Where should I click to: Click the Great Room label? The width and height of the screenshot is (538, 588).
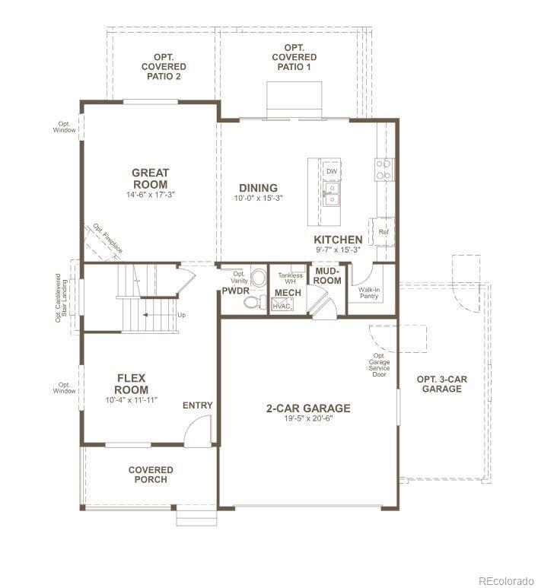(151, 179)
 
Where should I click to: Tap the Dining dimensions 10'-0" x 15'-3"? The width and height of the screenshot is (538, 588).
(258, 198)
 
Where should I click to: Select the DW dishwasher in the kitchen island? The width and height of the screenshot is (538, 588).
(332, 171)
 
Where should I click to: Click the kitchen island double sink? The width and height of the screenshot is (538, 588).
(332, 193)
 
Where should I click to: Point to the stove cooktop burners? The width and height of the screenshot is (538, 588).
(384, 170)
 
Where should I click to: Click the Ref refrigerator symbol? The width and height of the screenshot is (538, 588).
(383, 232)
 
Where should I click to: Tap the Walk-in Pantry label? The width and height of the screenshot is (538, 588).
(369, 293)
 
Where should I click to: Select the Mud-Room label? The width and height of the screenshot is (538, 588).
(327, 275)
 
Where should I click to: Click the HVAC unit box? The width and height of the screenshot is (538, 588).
(282, 304)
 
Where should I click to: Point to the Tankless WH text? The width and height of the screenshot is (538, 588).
(290, 278)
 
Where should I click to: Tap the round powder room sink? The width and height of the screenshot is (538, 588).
(258, 278)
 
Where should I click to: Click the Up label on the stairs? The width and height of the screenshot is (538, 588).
(181, 315)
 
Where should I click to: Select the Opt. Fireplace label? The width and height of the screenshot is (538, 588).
(107, 239)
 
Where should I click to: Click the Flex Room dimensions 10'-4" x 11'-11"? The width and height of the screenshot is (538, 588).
(131, 400)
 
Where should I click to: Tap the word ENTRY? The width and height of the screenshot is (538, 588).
(197, 405)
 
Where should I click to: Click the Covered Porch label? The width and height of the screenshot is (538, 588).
(151, 475)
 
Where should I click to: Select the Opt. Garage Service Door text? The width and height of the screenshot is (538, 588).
(379, 365)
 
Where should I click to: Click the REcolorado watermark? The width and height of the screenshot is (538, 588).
(506, 581)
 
